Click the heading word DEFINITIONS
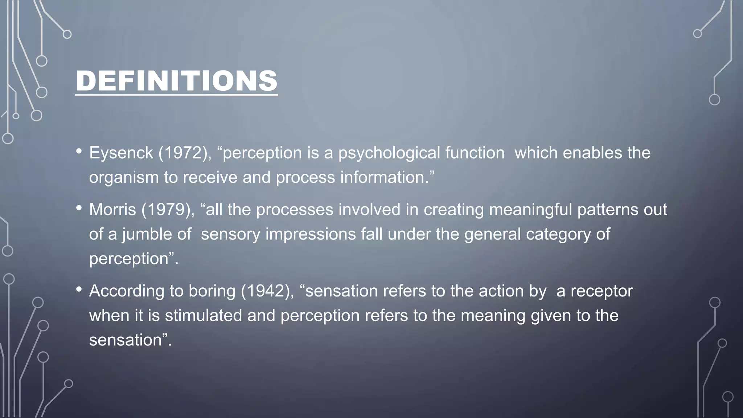click(x=177, y=81)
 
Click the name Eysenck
click(x=121, y=153)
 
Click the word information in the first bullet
click(x=384, y=177)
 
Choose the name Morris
click(x=112, y=210)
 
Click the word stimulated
click(x=203, y=315)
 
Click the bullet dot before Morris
click(x=79, y=208)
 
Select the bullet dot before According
click(x=79, y=290)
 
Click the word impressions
click(x=311, y=234)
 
